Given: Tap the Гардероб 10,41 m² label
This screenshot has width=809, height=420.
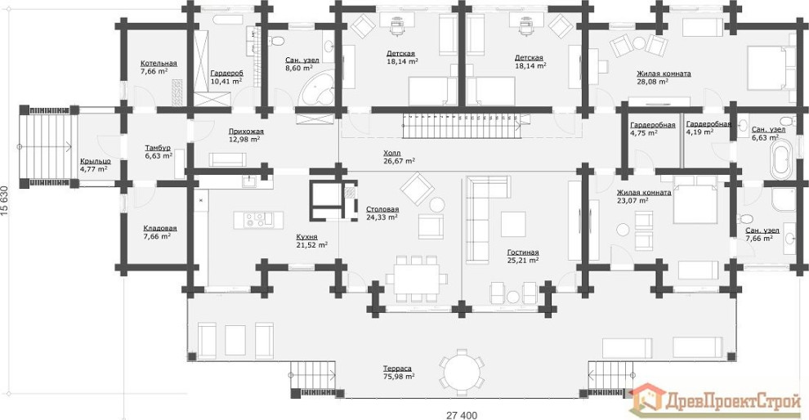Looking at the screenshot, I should tap(226, 77).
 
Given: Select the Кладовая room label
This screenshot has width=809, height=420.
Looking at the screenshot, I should tap(159, 232).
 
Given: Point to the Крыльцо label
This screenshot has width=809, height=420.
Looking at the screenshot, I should tap(94, 165).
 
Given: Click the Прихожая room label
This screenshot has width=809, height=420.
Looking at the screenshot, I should tap(245, 135).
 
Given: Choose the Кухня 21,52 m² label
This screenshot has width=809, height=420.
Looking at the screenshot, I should tap(311, 240).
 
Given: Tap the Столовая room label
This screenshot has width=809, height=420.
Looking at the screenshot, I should tap(382, 213).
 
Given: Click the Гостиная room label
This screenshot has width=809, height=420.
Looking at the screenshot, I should tap(522, 257).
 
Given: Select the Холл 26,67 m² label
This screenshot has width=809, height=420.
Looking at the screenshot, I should tap(399, 157).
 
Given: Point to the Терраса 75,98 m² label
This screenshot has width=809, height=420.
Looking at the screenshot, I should tap(399, 372).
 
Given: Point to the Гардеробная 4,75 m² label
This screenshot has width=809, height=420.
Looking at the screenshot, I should tap(652, 128).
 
